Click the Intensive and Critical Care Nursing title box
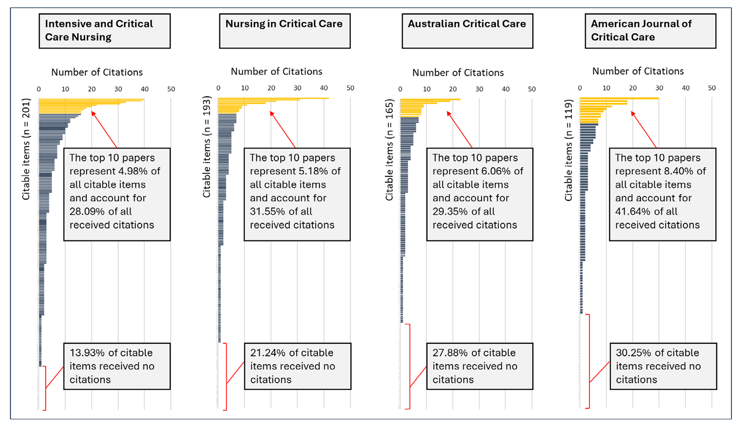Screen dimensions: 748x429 click(105, 31)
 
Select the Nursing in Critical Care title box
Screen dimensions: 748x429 click(285, 31)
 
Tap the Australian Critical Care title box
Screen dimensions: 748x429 click(467, 31)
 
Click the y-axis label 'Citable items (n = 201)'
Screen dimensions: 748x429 click(26, 149)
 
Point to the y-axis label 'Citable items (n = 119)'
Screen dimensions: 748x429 click(568, 150)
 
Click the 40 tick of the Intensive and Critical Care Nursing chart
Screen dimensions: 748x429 click(145, 89)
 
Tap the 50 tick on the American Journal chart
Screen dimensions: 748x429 click(712, 88)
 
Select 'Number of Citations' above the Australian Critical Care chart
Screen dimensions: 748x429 click(458, 73)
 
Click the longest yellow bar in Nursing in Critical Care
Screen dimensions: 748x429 click(274, 98)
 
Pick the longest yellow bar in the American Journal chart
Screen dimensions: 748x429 click(619, 99)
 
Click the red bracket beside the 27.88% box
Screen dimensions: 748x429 click(408, 366)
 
